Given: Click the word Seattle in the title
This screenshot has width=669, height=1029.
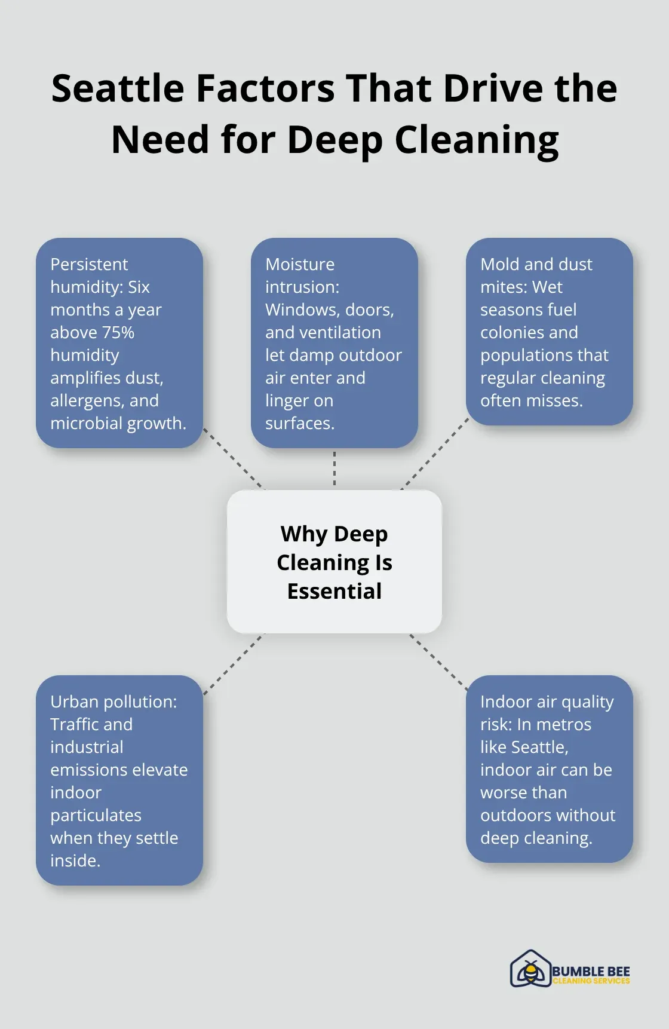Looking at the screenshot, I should pyautogui.click(x=118, y=88).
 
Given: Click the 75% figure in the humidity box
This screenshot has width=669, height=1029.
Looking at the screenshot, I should pyautogui.click(x=117, y=332).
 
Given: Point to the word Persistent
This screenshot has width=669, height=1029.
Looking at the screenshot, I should pyautogui.click(x=89, y=264).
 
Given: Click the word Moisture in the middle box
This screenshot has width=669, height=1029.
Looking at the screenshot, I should pyautogui.click(x=300, y=264).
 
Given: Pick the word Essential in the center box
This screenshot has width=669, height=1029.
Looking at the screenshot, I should pyautogui.click(x=334, y=591).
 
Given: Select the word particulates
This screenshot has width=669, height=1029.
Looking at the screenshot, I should pyautogui.click(x=96, y=815).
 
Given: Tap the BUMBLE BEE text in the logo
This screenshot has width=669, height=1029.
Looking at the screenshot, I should pyautogui.click(x=591, y=972).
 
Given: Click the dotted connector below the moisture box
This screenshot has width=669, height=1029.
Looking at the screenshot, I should pyautogui.click(x=334, y=468).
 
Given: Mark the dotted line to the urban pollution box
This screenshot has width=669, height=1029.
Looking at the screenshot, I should pyautogui.click(x=233, y=664).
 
